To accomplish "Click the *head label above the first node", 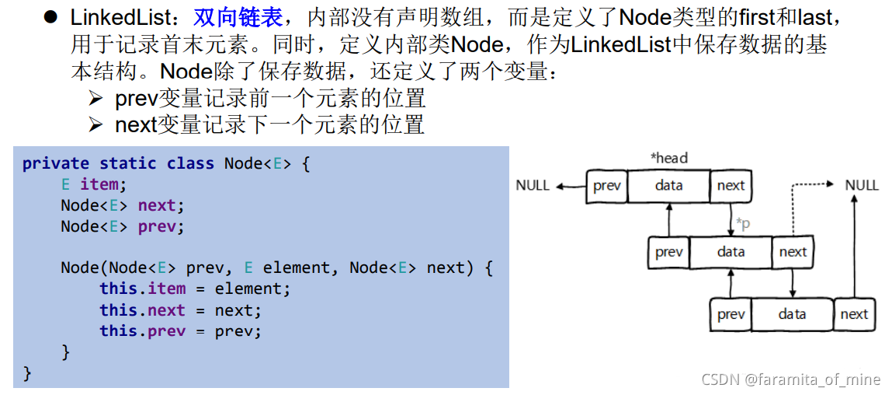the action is [x=668, y=158].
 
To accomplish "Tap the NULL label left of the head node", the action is [x=533, y=185].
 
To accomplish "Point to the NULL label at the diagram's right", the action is [x=862, y=185].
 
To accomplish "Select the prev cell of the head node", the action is [x=607, y=186].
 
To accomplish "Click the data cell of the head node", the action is [x=669, y=186].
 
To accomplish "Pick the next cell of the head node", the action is [x=731, y=186].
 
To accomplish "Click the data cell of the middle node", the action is [x=731, y=252].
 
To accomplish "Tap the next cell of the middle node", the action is [x=793, y=252].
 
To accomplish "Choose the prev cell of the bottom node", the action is [x=731, y=314].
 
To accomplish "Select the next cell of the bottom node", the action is [x=854, y=314].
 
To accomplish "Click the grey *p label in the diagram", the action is [x=743, y=224].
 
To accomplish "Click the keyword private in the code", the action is [x=56, y=164].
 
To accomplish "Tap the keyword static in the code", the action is [x=128, y=163].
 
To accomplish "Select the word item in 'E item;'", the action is [x=100, y=185].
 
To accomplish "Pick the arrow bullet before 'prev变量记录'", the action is [x=95, y=100].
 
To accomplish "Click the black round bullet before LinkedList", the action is [x=51, y=17].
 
